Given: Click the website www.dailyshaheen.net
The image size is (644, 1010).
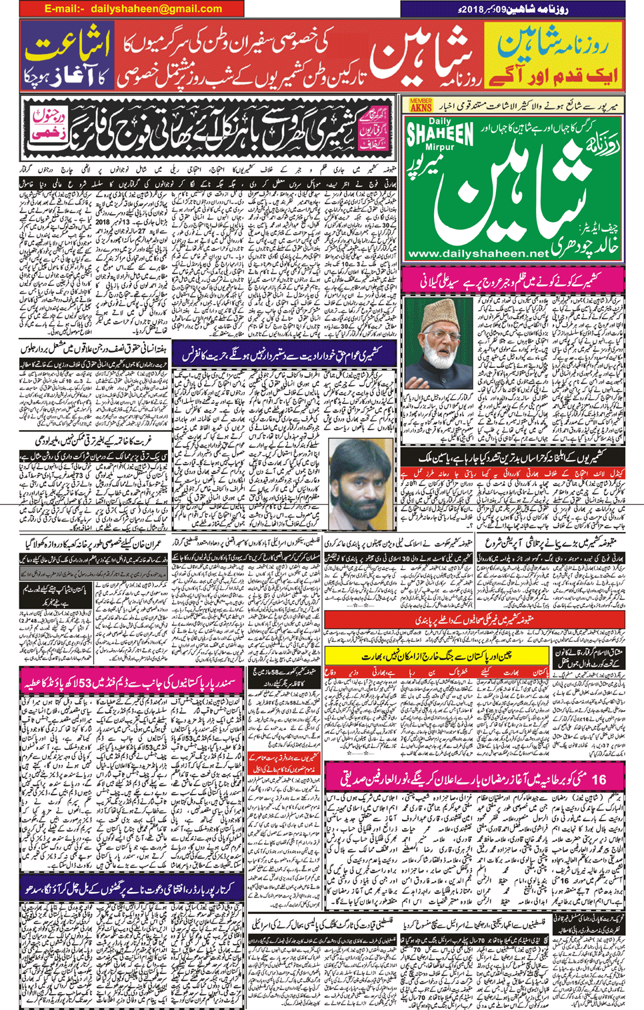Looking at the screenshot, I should pos(477,254).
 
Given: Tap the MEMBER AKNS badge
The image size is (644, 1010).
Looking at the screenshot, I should pos(420,105).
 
